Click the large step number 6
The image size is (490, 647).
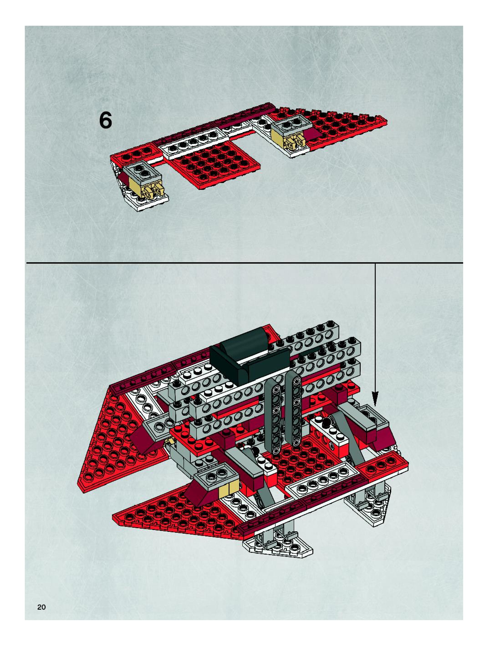105,121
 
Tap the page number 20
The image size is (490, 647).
41,607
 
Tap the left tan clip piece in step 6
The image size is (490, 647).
152,190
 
